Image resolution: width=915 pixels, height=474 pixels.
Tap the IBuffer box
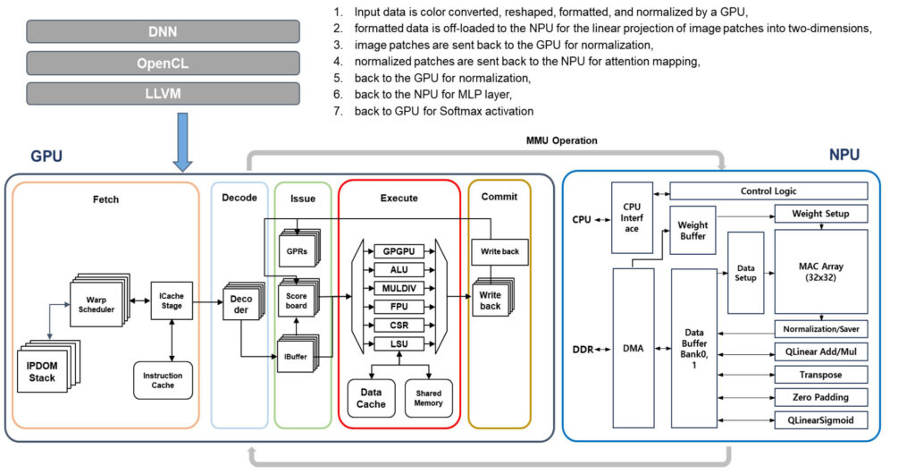coord(294,355)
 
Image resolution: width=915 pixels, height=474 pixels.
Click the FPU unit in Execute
coord(399,305)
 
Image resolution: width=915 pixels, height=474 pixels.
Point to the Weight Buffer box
coord(693,230)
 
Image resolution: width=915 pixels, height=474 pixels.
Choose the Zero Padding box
coord(820,396)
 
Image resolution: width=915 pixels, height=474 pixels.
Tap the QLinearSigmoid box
coord(820,419)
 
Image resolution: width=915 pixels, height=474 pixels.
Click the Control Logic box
coord(768,190)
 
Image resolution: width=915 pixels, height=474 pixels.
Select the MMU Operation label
coord(561,140)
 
